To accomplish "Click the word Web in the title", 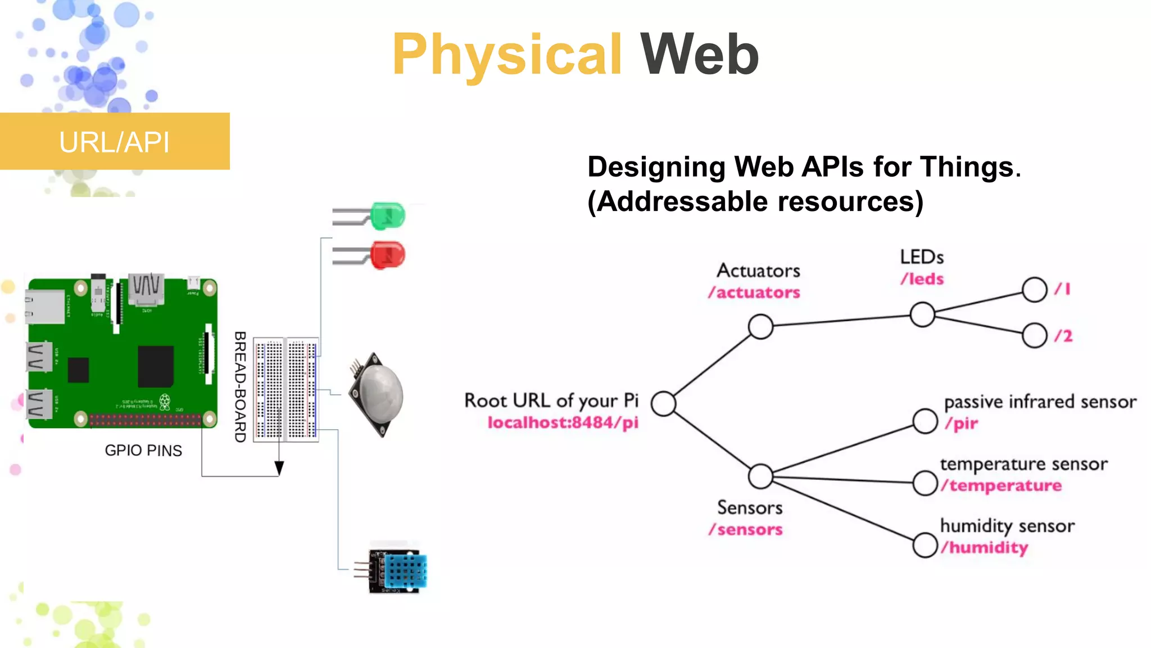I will tap(700, 55).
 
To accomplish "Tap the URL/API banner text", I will tap(114, 142).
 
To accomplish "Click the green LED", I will tap(388, 216).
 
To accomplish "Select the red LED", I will tap(388, 255).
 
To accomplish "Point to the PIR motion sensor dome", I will tap(382, 394).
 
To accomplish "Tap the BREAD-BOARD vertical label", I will tap(241, 387).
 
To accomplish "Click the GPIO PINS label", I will tap(143, 451).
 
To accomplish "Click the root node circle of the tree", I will tap(664, 403).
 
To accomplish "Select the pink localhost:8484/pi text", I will tap(563, 422).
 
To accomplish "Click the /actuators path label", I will tap(754, 292).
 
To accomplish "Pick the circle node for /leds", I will tap(922, 314).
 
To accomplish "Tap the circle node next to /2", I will tap(1034, 336).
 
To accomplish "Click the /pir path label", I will tap(962, 423).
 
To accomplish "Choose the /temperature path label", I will tap(1002, 485).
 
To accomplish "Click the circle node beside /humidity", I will tap(925, 545).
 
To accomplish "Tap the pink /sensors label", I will tap(746, 530).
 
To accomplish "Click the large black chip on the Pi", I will tap(156, 366).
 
